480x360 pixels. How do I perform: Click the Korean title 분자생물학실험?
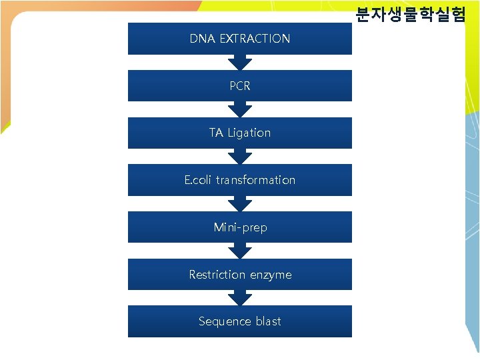tap(410, 14)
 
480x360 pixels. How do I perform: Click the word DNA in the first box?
tap(202, 39)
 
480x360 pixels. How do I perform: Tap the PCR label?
tap(240, 86)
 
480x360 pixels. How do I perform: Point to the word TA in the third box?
tap(216, 133)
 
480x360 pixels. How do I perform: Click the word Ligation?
tap(249, 133)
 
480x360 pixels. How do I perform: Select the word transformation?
tap(255, 180)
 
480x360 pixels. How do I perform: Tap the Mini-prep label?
tap(240, 227)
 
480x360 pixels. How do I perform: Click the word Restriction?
tap(217, 275)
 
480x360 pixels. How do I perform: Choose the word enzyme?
tap(271, 275)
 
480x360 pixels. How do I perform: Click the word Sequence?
tap(224, 321)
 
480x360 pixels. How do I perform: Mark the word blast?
tap(268, 321)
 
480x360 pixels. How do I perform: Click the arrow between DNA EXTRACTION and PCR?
tap(240, 62)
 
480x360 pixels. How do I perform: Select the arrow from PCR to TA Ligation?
tap(240, 109)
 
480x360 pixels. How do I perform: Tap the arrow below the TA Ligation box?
tap(240, 157)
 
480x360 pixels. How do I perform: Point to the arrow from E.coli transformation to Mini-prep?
tap(240, 204)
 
